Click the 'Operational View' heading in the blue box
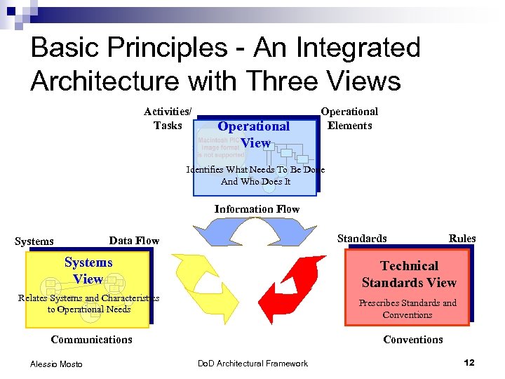coord(253,134)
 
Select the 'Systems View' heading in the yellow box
coord(88,270)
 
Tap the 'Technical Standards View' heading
coord(409,274)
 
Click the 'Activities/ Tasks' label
coord(168,119)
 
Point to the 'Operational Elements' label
coord(349,119)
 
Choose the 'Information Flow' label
coord(257,209)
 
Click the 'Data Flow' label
coord(134,241)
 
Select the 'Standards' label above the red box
coord(362,239)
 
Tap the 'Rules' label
coord(462,239)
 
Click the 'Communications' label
coord(91,340)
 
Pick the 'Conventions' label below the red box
coord(413,340)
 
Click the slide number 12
coord(469,363)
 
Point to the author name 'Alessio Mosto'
coord(56,364)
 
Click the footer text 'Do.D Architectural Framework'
coord(252,364)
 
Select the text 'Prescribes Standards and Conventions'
coord(408,309)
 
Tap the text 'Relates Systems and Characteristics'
coord(88,298)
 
